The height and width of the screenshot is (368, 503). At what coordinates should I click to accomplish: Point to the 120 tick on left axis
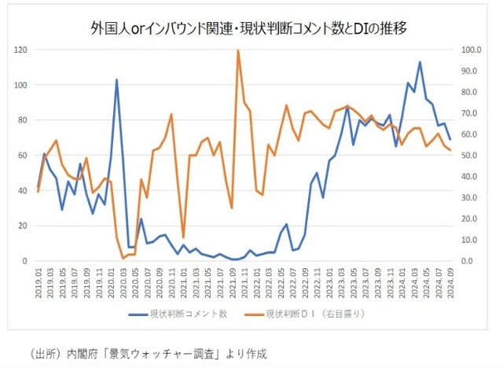click(21, 50)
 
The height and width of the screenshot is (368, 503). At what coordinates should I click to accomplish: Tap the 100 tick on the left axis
click(21, 85)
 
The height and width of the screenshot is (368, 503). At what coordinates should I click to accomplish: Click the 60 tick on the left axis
click(23, 156)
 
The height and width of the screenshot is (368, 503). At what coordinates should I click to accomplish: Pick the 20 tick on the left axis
click(23, 226)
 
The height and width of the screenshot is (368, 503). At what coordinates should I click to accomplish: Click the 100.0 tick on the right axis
click(472, 50)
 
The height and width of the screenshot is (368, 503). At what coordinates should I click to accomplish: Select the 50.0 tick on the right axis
click(472, 156)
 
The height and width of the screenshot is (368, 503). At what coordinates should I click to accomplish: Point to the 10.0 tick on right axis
click(472, 240)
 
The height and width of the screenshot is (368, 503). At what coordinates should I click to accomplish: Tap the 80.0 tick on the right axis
click(472, 92)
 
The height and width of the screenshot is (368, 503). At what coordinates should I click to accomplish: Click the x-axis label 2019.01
click(39, 279)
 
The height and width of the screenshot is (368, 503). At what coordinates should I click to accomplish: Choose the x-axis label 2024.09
click(450, 279)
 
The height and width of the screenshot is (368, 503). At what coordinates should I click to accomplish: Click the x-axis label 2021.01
click(183, 279)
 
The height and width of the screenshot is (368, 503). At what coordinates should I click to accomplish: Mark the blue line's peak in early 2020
click(116, 79)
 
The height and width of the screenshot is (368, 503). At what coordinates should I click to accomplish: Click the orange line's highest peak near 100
click(238, 51)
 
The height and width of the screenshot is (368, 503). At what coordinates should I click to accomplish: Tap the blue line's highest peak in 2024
click(420, 62)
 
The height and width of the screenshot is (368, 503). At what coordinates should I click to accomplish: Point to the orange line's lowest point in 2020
click(123, 258)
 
